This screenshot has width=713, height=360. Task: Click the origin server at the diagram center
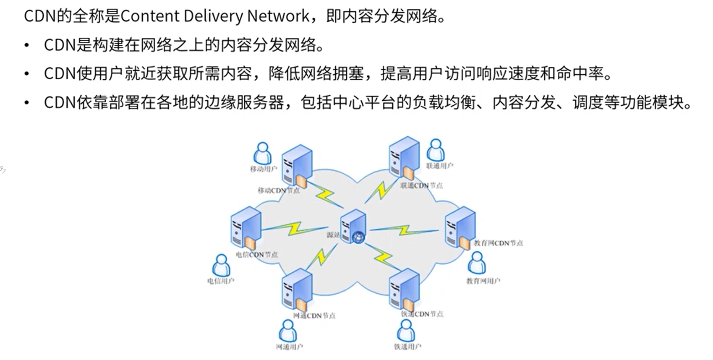(353, 227)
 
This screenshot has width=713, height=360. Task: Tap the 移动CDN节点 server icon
(297, 165)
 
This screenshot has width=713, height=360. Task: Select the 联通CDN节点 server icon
(404, 157)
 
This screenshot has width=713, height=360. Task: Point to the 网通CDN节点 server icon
(297, 290)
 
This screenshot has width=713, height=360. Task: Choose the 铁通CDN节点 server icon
(404, 290)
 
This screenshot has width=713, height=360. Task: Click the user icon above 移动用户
(263, 154)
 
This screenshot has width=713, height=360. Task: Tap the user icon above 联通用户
(436, 150)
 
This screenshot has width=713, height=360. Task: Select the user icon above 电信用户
(221, 265)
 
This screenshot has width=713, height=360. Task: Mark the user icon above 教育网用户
(477, 263)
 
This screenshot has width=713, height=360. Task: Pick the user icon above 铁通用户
(406, 331)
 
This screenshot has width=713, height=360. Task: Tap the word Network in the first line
(278, 16)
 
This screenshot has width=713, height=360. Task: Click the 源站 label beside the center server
(333, 235)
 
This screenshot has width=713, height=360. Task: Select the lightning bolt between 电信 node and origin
(294, 229)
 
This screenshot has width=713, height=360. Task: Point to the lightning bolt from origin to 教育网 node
(404, 230)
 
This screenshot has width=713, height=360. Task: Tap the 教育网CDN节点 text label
(499, 243)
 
